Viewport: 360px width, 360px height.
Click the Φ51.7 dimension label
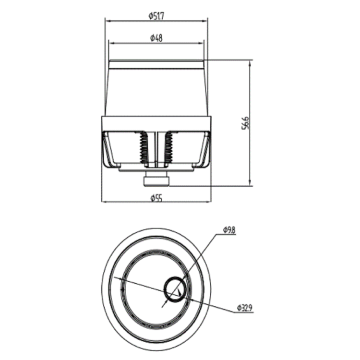pyautogui.click(x=156, y=16)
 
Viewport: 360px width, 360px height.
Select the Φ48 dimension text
pyautogui.click(x=156, y=38)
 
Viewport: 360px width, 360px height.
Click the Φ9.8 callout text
pyautogui.click(x=229, y=231)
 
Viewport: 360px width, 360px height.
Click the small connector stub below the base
pyautogui.click(x=156, y=180)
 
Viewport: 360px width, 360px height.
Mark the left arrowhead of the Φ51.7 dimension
pyautogui.click(x=108, y=21)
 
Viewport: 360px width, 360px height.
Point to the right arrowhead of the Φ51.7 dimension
pyautogui.click(x=205, y=21)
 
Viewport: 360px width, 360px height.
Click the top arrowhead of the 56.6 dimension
pyautogui.click(x=250, y=62)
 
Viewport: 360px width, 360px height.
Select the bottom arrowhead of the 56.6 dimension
pyautogui.click(x=250, y=183)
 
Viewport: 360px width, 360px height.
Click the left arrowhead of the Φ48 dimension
pyautogui.click(x=112, y=43)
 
